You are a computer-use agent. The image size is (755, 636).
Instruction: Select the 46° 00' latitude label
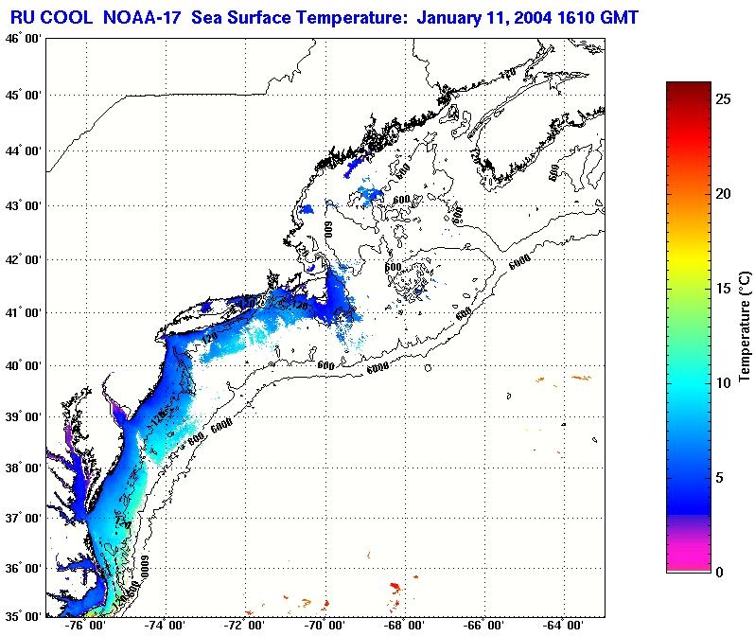tap(21, 39)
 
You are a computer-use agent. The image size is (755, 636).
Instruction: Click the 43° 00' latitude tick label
tap(21, 205)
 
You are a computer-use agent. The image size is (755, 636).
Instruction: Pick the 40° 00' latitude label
tap(21, 366)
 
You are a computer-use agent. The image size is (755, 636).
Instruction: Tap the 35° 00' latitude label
tap(21, 616)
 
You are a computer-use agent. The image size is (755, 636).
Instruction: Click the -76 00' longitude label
tap(86, 626)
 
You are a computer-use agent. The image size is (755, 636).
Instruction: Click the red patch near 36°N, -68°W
tap(395, 588)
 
